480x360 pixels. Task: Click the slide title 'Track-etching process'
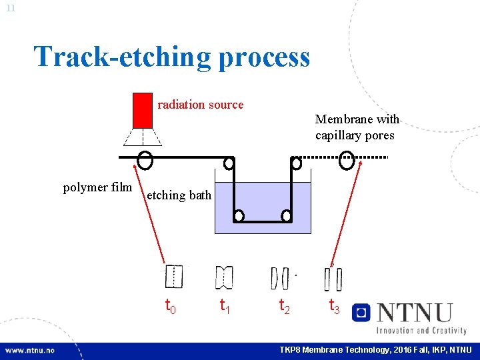[172, 57]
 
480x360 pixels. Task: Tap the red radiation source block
[142, 109]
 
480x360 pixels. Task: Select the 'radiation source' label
[200, 105]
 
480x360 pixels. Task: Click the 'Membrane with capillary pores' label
[357, 127]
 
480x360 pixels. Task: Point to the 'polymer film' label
[97, 187]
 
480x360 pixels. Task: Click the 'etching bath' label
[179, 195]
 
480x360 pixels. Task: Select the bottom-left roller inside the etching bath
[238, 215]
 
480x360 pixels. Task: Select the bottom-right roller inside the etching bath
[286, 215]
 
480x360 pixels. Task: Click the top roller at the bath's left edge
[229, 163]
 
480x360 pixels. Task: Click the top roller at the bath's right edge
[296, 163]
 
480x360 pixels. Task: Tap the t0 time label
[171, 306]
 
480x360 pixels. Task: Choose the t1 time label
[226, 306]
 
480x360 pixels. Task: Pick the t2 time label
[284, 306]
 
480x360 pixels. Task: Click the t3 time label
[335, 306]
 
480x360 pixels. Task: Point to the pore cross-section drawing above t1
[224, 277]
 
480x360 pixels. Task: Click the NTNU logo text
[414, 313]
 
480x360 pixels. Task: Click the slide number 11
[11, 7]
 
